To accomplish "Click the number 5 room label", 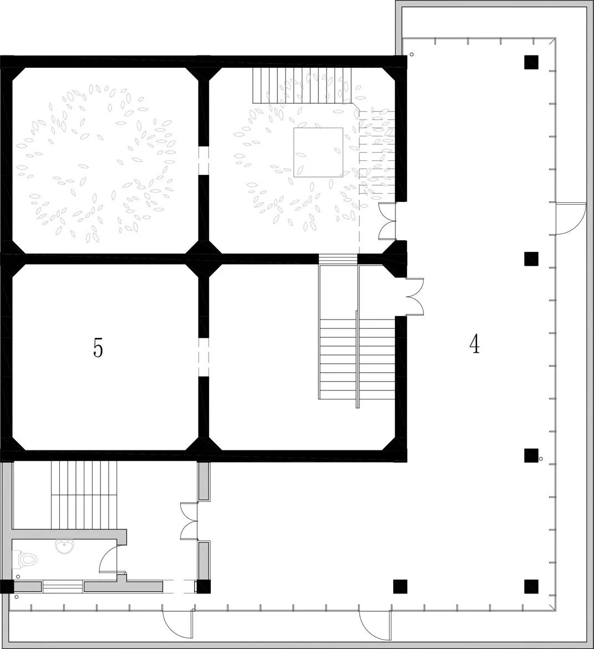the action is [98, 348].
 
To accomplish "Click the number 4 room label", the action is [475, 344].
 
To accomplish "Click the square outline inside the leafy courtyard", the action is [318, 153].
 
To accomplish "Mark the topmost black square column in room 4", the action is [531, 62].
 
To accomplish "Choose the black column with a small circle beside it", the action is [531, 455].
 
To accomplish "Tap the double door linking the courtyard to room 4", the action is [388, 221].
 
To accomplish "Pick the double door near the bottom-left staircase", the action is [189, 521].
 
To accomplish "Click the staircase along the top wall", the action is [302, 85].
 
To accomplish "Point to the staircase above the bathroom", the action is [84, 495].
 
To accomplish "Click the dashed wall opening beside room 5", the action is [204, 357].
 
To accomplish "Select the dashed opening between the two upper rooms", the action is [204, 161].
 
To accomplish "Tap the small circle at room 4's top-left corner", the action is [412, 54].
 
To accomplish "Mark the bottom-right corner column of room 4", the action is [531, 586].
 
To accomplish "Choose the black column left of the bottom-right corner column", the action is [400, 586].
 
